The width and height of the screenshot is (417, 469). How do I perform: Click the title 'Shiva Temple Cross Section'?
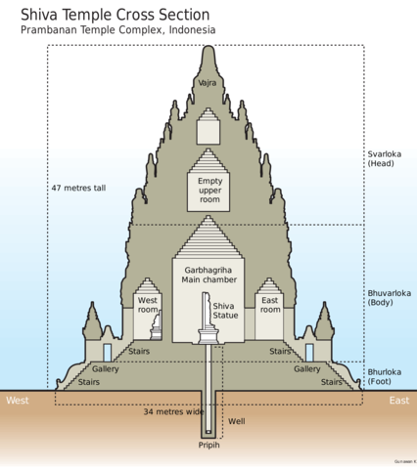click(x=115, y=14)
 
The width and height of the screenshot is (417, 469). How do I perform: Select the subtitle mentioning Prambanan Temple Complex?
click(x=118, y=31)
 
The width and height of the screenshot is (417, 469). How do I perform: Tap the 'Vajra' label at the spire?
click(x=208, y=84)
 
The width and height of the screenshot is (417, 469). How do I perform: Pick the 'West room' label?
click(x=148, y=305)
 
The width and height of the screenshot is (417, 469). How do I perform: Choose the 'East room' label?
click(x=270, y=305)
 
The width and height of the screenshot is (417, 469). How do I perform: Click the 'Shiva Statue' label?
click(x=225, y=310)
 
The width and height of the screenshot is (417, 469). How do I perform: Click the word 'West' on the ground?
click(x=18, y=401)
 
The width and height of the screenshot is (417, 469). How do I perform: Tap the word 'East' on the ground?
click(x=397, y=401)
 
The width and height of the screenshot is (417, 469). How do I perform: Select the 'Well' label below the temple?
click(x=236, y=422)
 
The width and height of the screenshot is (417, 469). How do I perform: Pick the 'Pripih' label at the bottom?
click(x=209, y=447)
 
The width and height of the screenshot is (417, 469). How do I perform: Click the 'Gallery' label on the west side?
click(x=106, y=369)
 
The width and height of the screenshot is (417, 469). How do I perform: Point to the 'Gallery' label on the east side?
click(x=307, y=369)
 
